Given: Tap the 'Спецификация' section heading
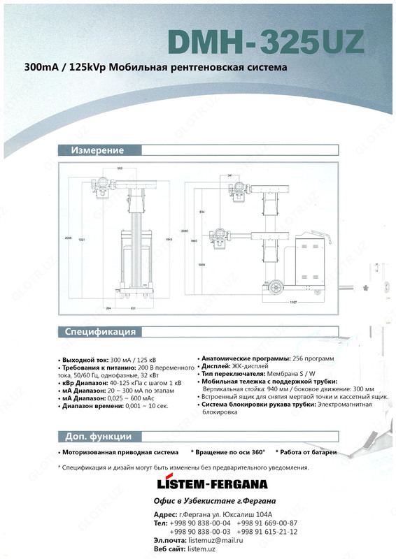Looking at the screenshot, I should point(100,331).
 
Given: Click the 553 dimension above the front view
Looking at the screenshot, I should point(120,168).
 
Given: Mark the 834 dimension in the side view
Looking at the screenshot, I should point(201,211).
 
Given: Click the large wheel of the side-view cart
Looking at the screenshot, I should point(274,286).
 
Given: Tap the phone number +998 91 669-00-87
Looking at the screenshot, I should point(267,523).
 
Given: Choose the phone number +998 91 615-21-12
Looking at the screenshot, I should point(267,532).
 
